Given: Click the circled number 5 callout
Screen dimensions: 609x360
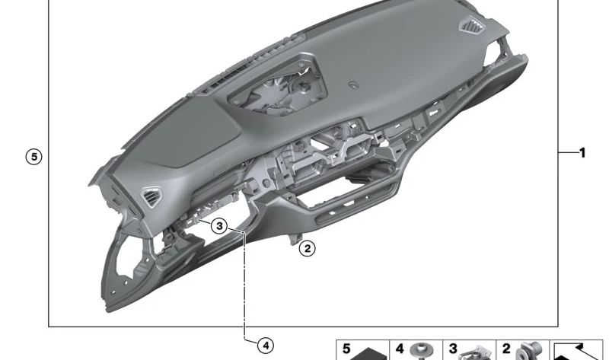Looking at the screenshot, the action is click(34, 157).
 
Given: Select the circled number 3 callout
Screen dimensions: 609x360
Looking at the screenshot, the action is click(219, 225).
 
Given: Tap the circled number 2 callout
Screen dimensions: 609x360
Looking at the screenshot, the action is click(308, 248).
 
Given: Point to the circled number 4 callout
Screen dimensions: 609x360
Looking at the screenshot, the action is click(266, 346).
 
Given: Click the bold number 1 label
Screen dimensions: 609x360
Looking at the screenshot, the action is click(582, 153).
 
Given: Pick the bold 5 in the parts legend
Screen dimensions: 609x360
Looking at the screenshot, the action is click(346, 349).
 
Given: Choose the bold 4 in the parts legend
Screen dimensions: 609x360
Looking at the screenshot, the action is click(400, 349).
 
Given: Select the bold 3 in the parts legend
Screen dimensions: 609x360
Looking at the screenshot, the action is click(453, 349).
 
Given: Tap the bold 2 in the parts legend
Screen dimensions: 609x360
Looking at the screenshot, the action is click(506, 349).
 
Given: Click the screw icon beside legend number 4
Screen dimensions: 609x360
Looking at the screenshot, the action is click(422, 351).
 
